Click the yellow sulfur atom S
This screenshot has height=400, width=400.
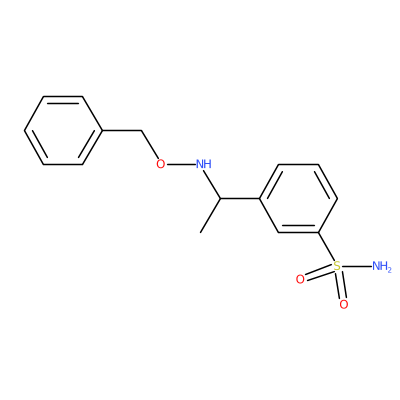[337, 266]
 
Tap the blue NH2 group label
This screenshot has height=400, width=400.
[382, 266]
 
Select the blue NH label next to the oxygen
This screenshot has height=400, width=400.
[204, 164]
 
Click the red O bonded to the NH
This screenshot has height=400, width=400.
[161, 164]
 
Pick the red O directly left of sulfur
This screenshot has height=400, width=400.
[300, 279]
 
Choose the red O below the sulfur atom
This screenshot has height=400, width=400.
[344, 304]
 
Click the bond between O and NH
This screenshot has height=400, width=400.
[180, 164]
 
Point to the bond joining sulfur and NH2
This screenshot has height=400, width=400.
[357, 266]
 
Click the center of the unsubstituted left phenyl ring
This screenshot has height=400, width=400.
[63, 130]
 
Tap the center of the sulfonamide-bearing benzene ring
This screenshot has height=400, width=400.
[298, 199]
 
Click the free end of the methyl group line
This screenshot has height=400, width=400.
[200, 232]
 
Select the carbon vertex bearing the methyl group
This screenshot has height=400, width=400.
[220, 199]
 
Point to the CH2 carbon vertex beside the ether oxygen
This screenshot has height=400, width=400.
[141, 130]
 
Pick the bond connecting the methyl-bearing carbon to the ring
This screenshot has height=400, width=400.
[240, 199]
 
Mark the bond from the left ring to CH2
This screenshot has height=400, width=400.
[122, 130]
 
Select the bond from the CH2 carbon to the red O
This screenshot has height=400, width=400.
[149, 145]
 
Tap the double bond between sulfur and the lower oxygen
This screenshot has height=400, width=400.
[341, 285]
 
